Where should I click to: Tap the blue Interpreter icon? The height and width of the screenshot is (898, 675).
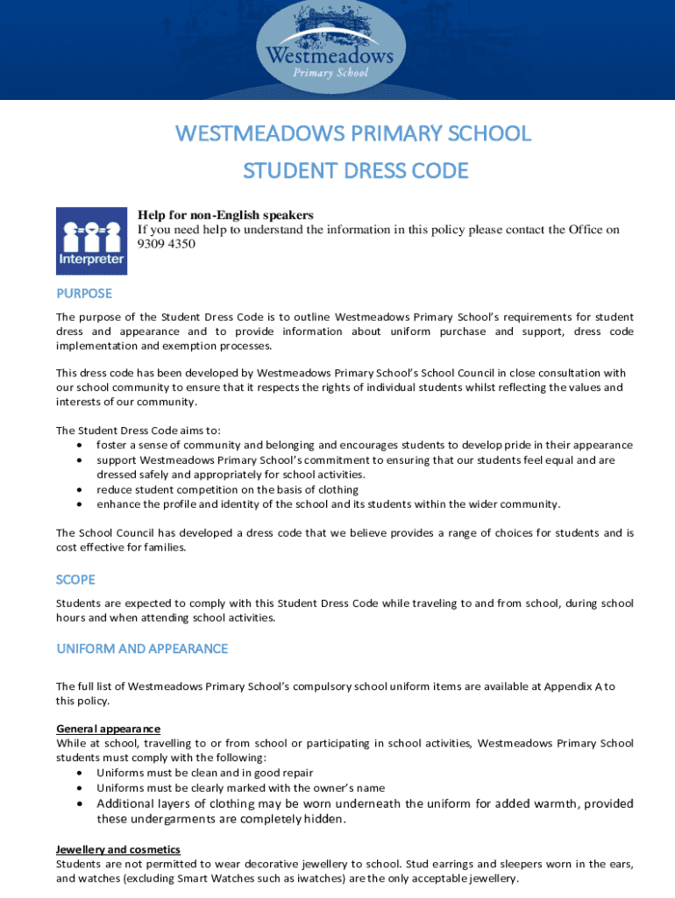tap(92, 241)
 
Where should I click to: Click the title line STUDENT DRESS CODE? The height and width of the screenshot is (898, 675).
tap(355, 170)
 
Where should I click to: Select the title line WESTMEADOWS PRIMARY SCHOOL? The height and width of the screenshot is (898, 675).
tap(353, 133)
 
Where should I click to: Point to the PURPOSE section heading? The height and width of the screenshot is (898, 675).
tap(84, 294)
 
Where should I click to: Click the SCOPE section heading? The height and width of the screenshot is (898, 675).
tap(75, 580)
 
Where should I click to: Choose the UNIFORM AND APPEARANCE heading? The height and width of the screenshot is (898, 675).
tap(142, 649)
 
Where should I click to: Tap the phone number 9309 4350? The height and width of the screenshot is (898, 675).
tap(167, 244)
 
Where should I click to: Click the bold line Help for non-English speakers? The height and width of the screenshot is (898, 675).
tap(225, 216)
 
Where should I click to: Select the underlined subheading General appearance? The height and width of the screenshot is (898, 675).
tap(108, 729)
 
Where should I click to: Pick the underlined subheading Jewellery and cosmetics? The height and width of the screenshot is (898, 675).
tap(118, 850)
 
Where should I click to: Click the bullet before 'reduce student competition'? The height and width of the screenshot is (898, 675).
tap(80, 490)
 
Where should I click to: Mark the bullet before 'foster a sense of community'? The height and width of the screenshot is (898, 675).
tap(80, 445)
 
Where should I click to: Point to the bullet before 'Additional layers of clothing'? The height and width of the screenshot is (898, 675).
tap(80, 804)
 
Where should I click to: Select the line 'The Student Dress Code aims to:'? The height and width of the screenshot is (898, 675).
tap(139, 431)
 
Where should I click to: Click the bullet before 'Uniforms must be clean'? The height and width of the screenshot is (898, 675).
tap(80, 773)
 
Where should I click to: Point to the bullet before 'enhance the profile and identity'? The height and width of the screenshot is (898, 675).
tap(80, 505)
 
